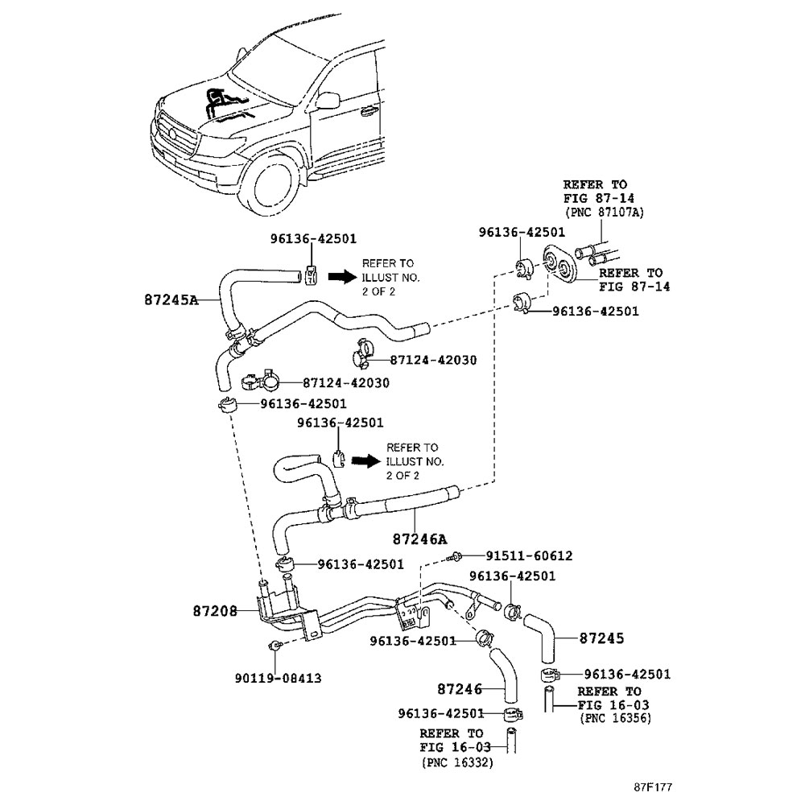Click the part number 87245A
(x=171, y=299)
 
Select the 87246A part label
(x=419, y=539)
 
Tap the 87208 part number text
(x=214, y=611)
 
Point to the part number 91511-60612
(x=528, y=555)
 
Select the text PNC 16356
(x=614, y=717)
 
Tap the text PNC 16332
(x=456, y=761)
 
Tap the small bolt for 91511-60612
(x=457, y=555)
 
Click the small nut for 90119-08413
(x=274, y=645)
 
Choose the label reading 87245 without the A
(x=601, y=638)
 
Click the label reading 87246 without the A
(x=460, y=689)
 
